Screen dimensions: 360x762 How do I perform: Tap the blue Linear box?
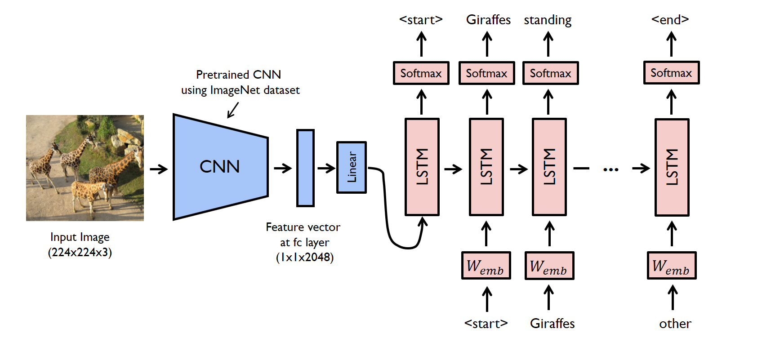pos(352,167)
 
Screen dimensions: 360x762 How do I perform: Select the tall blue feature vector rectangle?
pos(305,168)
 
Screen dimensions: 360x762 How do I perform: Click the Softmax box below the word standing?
pos(550,73)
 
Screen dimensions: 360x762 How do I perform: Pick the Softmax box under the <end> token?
pos(671,73)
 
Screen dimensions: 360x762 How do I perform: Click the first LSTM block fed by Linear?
pos(422,167)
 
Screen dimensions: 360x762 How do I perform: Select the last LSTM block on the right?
pos(672,167)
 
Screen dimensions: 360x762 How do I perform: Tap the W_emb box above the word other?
pos(672,266)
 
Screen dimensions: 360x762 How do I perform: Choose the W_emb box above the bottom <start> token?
pos(486,266)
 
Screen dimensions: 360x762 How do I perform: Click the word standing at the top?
pos(548,20)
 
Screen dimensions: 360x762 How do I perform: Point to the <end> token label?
pos(670,20)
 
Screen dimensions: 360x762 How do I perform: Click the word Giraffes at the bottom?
pos(552,324)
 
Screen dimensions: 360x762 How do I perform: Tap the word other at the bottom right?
pos(675,324)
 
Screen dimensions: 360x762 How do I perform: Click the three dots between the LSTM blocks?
pos(610,169)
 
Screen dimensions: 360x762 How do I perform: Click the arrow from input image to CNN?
pos(158,169)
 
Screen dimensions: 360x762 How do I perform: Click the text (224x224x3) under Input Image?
pos(80,252)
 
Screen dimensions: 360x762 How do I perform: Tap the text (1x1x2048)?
pos(305,258)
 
